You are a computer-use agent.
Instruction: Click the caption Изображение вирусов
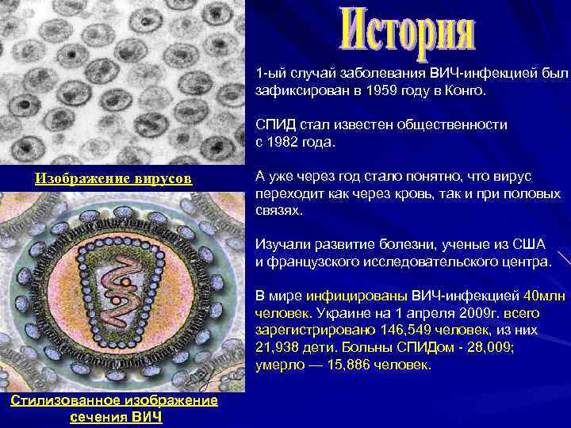pos(113,178)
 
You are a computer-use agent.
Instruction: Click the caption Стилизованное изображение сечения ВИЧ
pos(113,408)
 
